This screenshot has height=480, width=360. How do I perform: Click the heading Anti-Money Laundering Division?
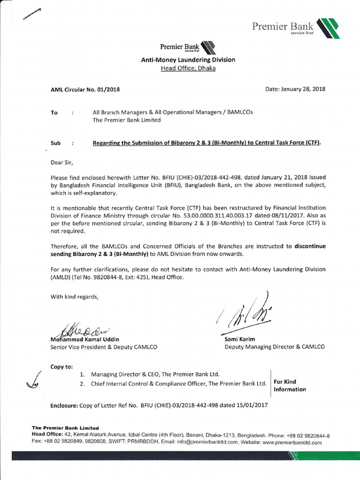(x=188, y=60)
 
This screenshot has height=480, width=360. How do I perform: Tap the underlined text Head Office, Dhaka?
(x=188, y=68)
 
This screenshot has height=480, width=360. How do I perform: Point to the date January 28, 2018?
(x=295, y=89)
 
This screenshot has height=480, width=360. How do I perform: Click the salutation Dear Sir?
(x=62, y=163)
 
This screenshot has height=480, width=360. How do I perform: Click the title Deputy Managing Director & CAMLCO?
(x=274, y=347)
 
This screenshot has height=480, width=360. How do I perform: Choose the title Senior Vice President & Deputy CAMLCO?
(x=104, y=347)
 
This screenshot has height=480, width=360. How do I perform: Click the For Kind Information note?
(x=290, y=386)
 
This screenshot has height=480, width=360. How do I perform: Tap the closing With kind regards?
(x=75, y=297)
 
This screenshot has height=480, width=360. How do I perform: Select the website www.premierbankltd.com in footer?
(x=292, y=442)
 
